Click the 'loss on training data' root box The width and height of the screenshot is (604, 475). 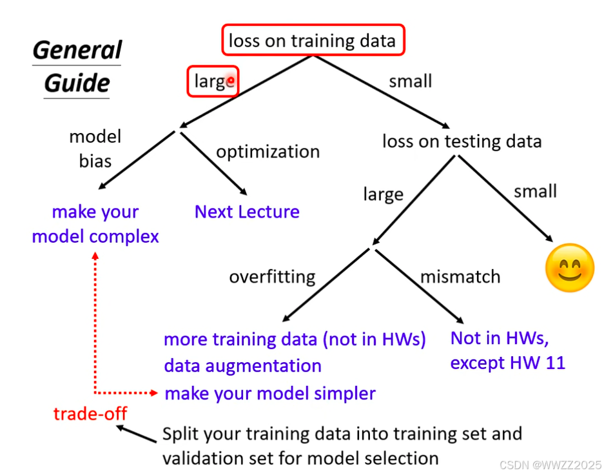(x=313, y=40)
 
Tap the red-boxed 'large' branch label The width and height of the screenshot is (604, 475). (x=213, y=82)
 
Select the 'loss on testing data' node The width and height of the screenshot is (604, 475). (x=462, y=141)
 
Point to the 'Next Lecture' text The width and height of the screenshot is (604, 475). (x=247, y=212)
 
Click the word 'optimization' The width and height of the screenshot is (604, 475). (x=268, y=152)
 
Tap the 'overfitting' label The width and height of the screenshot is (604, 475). (x=272, y=277)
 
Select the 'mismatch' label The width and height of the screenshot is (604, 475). (x=460, y=277)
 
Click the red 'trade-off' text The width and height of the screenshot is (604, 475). (x=90, y=414)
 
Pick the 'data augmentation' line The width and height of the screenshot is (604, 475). (x=242, y=366)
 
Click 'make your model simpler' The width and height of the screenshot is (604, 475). (x=270, y=393)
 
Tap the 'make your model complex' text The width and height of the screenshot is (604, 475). (x=95, y=224)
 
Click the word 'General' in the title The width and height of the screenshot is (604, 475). (x=77, y=50)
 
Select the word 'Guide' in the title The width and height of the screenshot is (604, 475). (x=77, y=83)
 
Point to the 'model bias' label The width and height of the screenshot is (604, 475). (x=95, y=148)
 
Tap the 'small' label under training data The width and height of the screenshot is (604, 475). (x=410, y=81)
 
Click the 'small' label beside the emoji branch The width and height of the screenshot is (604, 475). (x=535, y=191)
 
